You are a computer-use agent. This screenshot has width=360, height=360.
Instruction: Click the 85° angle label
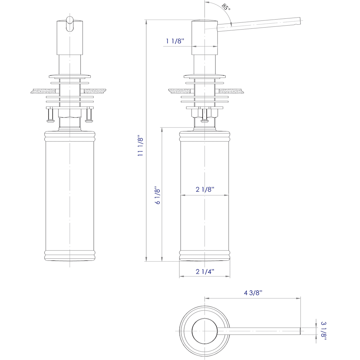226,7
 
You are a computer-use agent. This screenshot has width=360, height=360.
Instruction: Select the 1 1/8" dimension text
175,41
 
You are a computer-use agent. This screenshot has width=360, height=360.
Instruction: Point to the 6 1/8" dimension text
157,195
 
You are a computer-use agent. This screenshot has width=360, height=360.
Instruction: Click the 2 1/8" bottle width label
205,190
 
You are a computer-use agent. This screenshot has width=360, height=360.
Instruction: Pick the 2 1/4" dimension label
205,272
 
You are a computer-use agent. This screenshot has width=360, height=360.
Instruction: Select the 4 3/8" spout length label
253,293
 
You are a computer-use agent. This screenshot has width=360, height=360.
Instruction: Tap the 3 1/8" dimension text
323,331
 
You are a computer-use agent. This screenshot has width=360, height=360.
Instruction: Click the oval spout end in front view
70,24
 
